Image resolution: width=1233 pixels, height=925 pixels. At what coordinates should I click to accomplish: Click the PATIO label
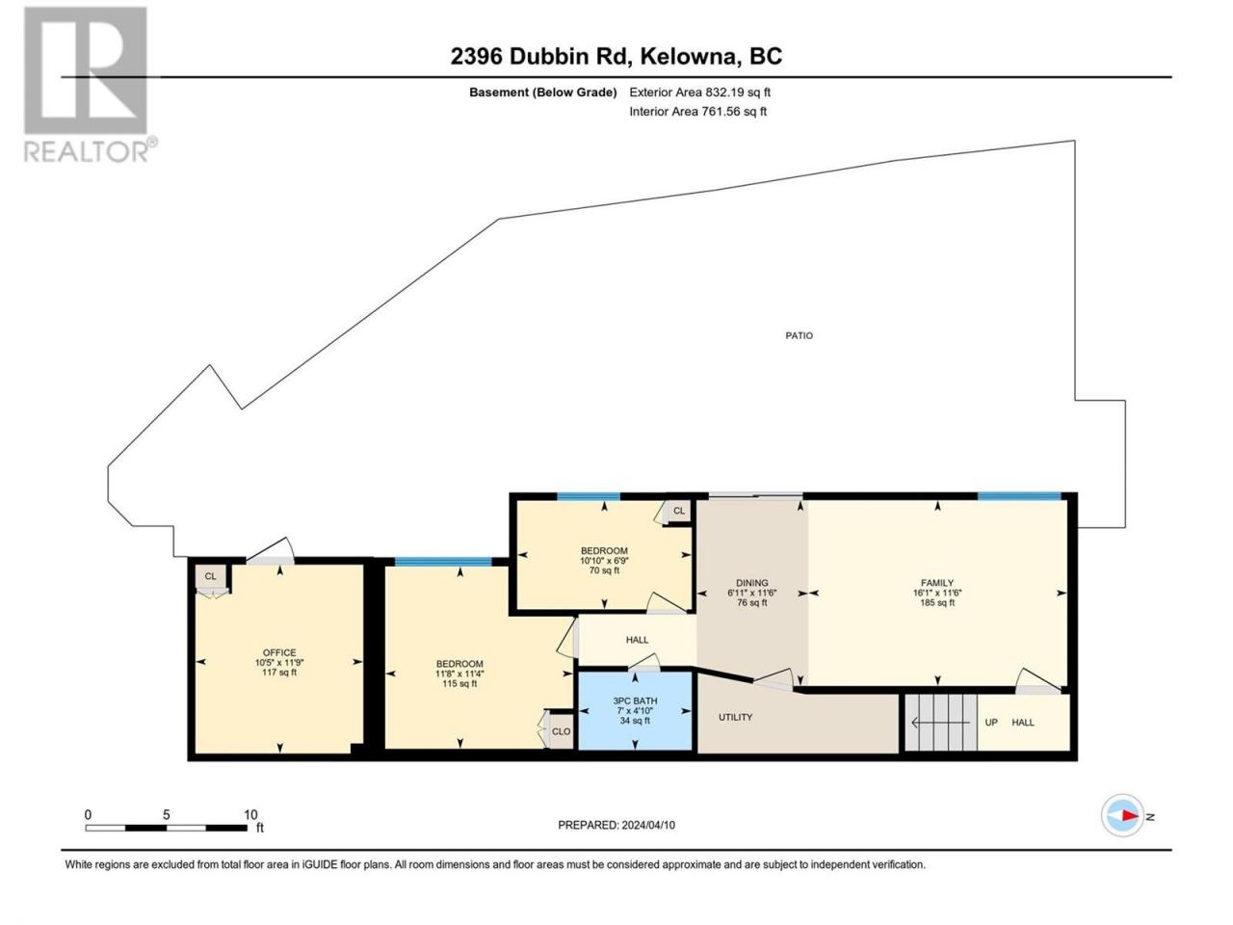799,335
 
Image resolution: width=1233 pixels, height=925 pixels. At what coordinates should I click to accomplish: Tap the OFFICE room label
279,652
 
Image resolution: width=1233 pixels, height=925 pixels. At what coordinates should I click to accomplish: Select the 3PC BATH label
635,700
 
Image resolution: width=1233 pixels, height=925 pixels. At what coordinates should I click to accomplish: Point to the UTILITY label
735,717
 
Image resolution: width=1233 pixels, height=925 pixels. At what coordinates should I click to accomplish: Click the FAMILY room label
937,582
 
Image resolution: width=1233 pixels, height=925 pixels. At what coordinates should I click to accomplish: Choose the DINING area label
751,582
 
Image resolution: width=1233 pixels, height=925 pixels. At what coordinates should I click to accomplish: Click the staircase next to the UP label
941,722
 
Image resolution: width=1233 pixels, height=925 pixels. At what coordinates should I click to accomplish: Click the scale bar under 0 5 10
167,828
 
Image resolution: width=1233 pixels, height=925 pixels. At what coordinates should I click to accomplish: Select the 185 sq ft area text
937,602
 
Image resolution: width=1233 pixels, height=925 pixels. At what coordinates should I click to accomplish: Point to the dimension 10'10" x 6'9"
604,560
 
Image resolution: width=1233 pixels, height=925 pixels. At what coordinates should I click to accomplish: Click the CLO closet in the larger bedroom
561,731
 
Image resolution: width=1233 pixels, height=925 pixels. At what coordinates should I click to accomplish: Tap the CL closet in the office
211,576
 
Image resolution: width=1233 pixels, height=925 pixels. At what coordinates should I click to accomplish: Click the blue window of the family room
1019,495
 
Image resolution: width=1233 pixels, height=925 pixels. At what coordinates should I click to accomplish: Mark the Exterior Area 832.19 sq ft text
700,92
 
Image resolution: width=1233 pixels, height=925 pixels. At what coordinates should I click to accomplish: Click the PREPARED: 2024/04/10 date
616,825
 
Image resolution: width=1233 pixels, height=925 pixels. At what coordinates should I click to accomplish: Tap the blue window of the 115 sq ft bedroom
443,562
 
